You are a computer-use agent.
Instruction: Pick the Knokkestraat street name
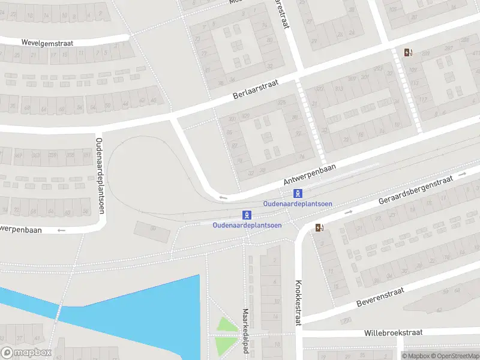coord(298,303)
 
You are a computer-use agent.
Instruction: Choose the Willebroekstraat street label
coord(394,332)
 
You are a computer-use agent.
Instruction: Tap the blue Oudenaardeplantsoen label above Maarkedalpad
coord(247,226)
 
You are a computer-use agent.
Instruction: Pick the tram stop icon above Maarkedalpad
coord(247,215)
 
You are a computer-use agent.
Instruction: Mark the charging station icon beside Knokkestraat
coord(319,227)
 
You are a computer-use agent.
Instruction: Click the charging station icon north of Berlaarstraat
coord(409,52)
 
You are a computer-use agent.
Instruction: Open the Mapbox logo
coord(26,353)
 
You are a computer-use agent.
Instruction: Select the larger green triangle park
coord(227,325)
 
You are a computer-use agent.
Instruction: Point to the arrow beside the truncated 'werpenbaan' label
coord(61,230)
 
